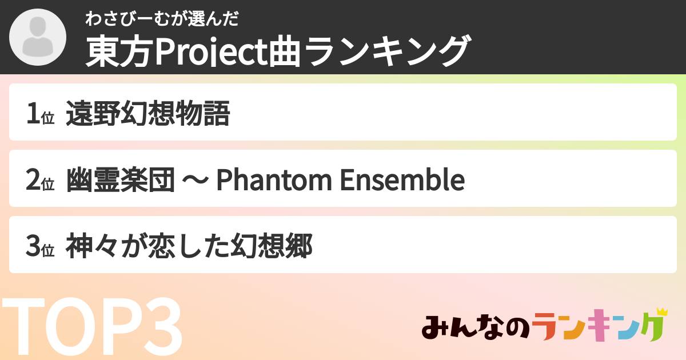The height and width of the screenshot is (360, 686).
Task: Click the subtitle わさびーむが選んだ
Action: click(161, 19)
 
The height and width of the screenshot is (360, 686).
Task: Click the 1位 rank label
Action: click(39, 114)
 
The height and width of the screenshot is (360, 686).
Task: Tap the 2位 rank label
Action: click(39, 180)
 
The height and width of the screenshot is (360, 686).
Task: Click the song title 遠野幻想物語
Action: click(147, 114)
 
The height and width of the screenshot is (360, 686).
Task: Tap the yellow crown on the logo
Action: click(661, 312)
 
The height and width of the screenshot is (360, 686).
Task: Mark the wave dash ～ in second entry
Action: click(195, 181)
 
